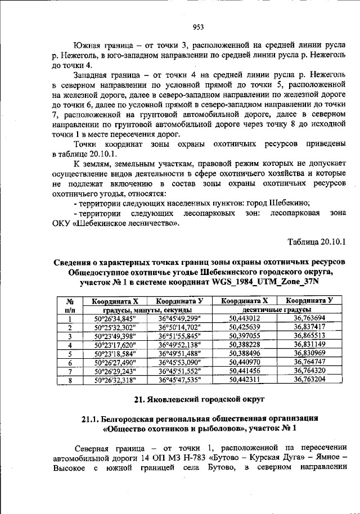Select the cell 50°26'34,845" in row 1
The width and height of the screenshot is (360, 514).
(116, 318)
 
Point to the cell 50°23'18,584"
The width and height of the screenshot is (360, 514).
(116, 354)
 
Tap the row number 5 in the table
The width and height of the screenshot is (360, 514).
(70, 354)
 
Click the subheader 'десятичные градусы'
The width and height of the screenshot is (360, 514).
(278, 309)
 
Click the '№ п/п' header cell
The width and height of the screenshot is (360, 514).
(70, 305)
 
